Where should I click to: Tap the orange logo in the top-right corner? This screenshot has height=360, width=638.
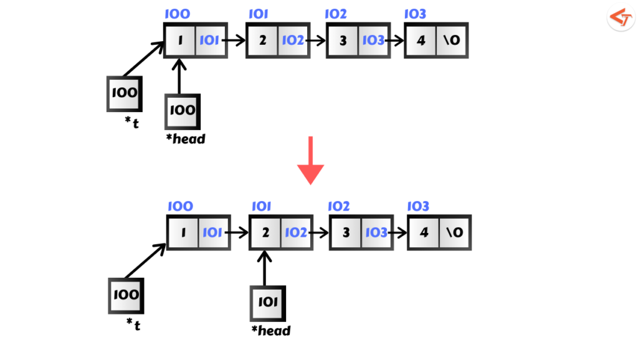[620, 17]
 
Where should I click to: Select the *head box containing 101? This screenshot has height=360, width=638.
[267, 304]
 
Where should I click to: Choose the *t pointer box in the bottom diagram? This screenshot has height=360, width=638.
[126, 296]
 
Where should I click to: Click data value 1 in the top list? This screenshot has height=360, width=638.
[179, 41]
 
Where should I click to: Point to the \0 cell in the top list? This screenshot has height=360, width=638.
[451, 41]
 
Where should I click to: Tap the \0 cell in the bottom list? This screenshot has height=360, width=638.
[454, 232]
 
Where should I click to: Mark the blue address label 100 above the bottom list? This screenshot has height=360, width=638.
[181, 206]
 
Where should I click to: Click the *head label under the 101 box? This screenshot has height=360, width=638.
[270, 330]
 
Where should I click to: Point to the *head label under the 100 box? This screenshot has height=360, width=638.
[185, 139]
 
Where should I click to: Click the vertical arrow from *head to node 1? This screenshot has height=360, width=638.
[179, 76]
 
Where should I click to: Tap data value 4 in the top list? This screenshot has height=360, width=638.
[421, 41]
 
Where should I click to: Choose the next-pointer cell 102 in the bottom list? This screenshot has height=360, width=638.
[295, 232]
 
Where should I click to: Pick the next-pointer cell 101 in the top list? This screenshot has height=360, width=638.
[209, 41]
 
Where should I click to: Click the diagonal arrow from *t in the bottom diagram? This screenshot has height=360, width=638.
[146, 260]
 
